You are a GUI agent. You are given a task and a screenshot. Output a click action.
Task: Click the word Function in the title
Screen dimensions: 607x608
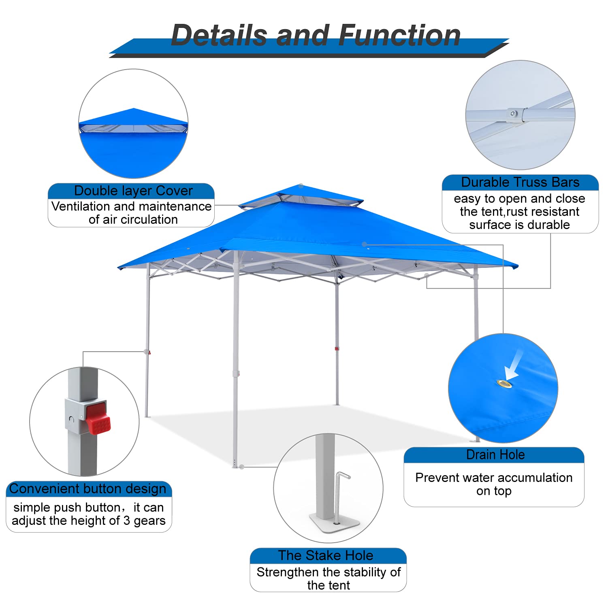399,35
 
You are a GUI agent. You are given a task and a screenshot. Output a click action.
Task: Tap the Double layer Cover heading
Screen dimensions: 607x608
133,191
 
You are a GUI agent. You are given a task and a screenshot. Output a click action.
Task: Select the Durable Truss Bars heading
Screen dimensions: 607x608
520,183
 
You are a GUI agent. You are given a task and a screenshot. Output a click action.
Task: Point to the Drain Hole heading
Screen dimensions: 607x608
495,455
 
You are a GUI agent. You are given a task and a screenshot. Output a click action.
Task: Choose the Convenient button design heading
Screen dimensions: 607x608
88,489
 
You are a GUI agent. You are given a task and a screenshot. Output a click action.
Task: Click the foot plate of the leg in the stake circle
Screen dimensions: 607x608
335,522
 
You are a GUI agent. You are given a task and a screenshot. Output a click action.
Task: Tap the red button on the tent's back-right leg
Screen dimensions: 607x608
337,348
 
